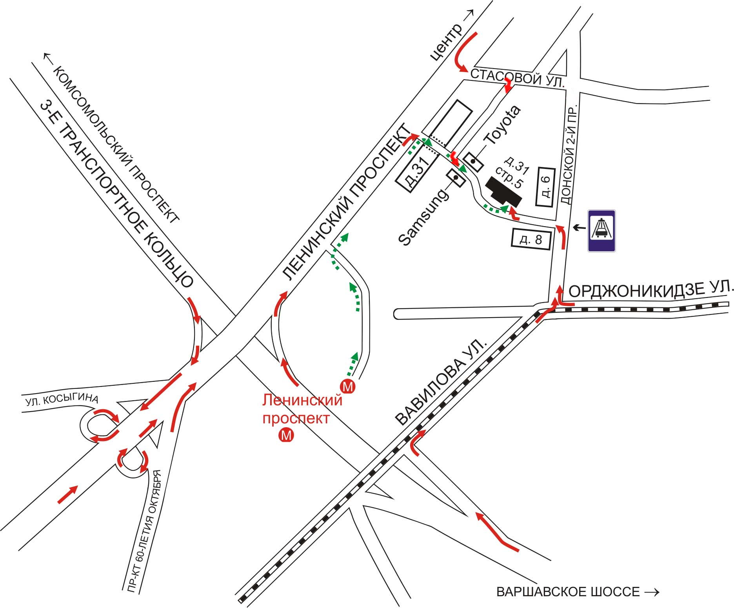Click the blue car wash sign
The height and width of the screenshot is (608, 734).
(x=601, y=230)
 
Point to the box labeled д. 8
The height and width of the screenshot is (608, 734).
(x=532, y=239)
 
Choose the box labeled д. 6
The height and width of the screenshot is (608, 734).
(x=545, y=187)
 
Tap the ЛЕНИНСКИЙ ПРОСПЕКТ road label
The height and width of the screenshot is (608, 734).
(x=346, y=202)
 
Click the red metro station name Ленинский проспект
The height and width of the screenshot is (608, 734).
(x=302, y=410)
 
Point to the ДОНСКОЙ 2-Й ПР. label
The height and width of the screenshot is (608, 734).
(x=569, y=154)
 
